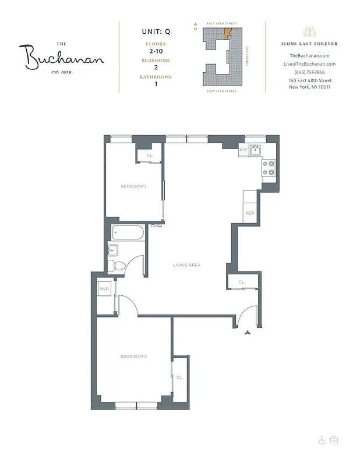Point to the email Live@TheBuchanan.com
[x=309, y=64]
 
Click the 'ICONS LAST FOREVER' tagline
[x=309, y=44]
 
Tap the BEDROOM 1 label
[x=133, y=186]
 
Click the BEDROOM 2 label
[x=133, y=356]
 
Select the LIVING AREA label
[x=186, y=265]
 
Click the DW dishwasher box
[x=243, y=150]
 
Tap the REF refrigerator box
[x=250, y=213]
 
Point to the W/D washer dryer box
[x=105, y=288]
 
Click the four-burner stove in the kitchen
[x=269, y=168]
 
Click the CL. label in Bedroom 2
[x=179, y=377]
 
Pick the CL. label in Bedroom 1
[x=150, y=155]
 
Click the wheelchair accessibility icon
[x=322, y=440]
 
